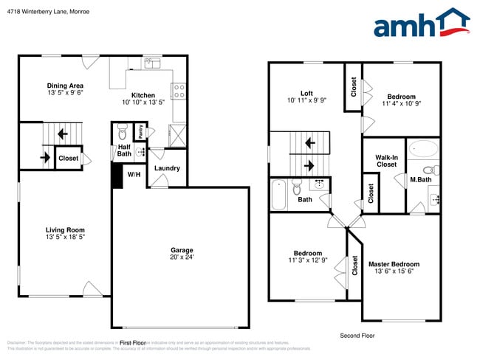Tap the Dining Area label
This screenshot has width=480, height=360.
tap(65, 86)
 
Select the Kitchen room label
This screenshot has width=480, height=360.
tap(143, 95)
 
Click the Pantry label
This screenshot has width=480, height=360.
tap(140, 132)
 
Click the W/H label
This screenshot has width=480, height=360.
tap(134, 175)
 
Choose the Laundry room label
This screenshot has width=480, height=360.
tap(168, 168)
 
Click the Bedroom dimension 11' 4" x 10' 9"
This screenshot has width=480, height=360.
tap(401, 104)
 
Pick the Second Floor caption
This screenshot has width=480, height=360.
tap(357, 336)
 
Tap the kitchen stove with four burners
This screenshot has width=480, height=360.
tap(178, 91)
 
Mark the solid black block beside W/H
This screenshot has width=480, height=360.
tap(116, 176)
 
